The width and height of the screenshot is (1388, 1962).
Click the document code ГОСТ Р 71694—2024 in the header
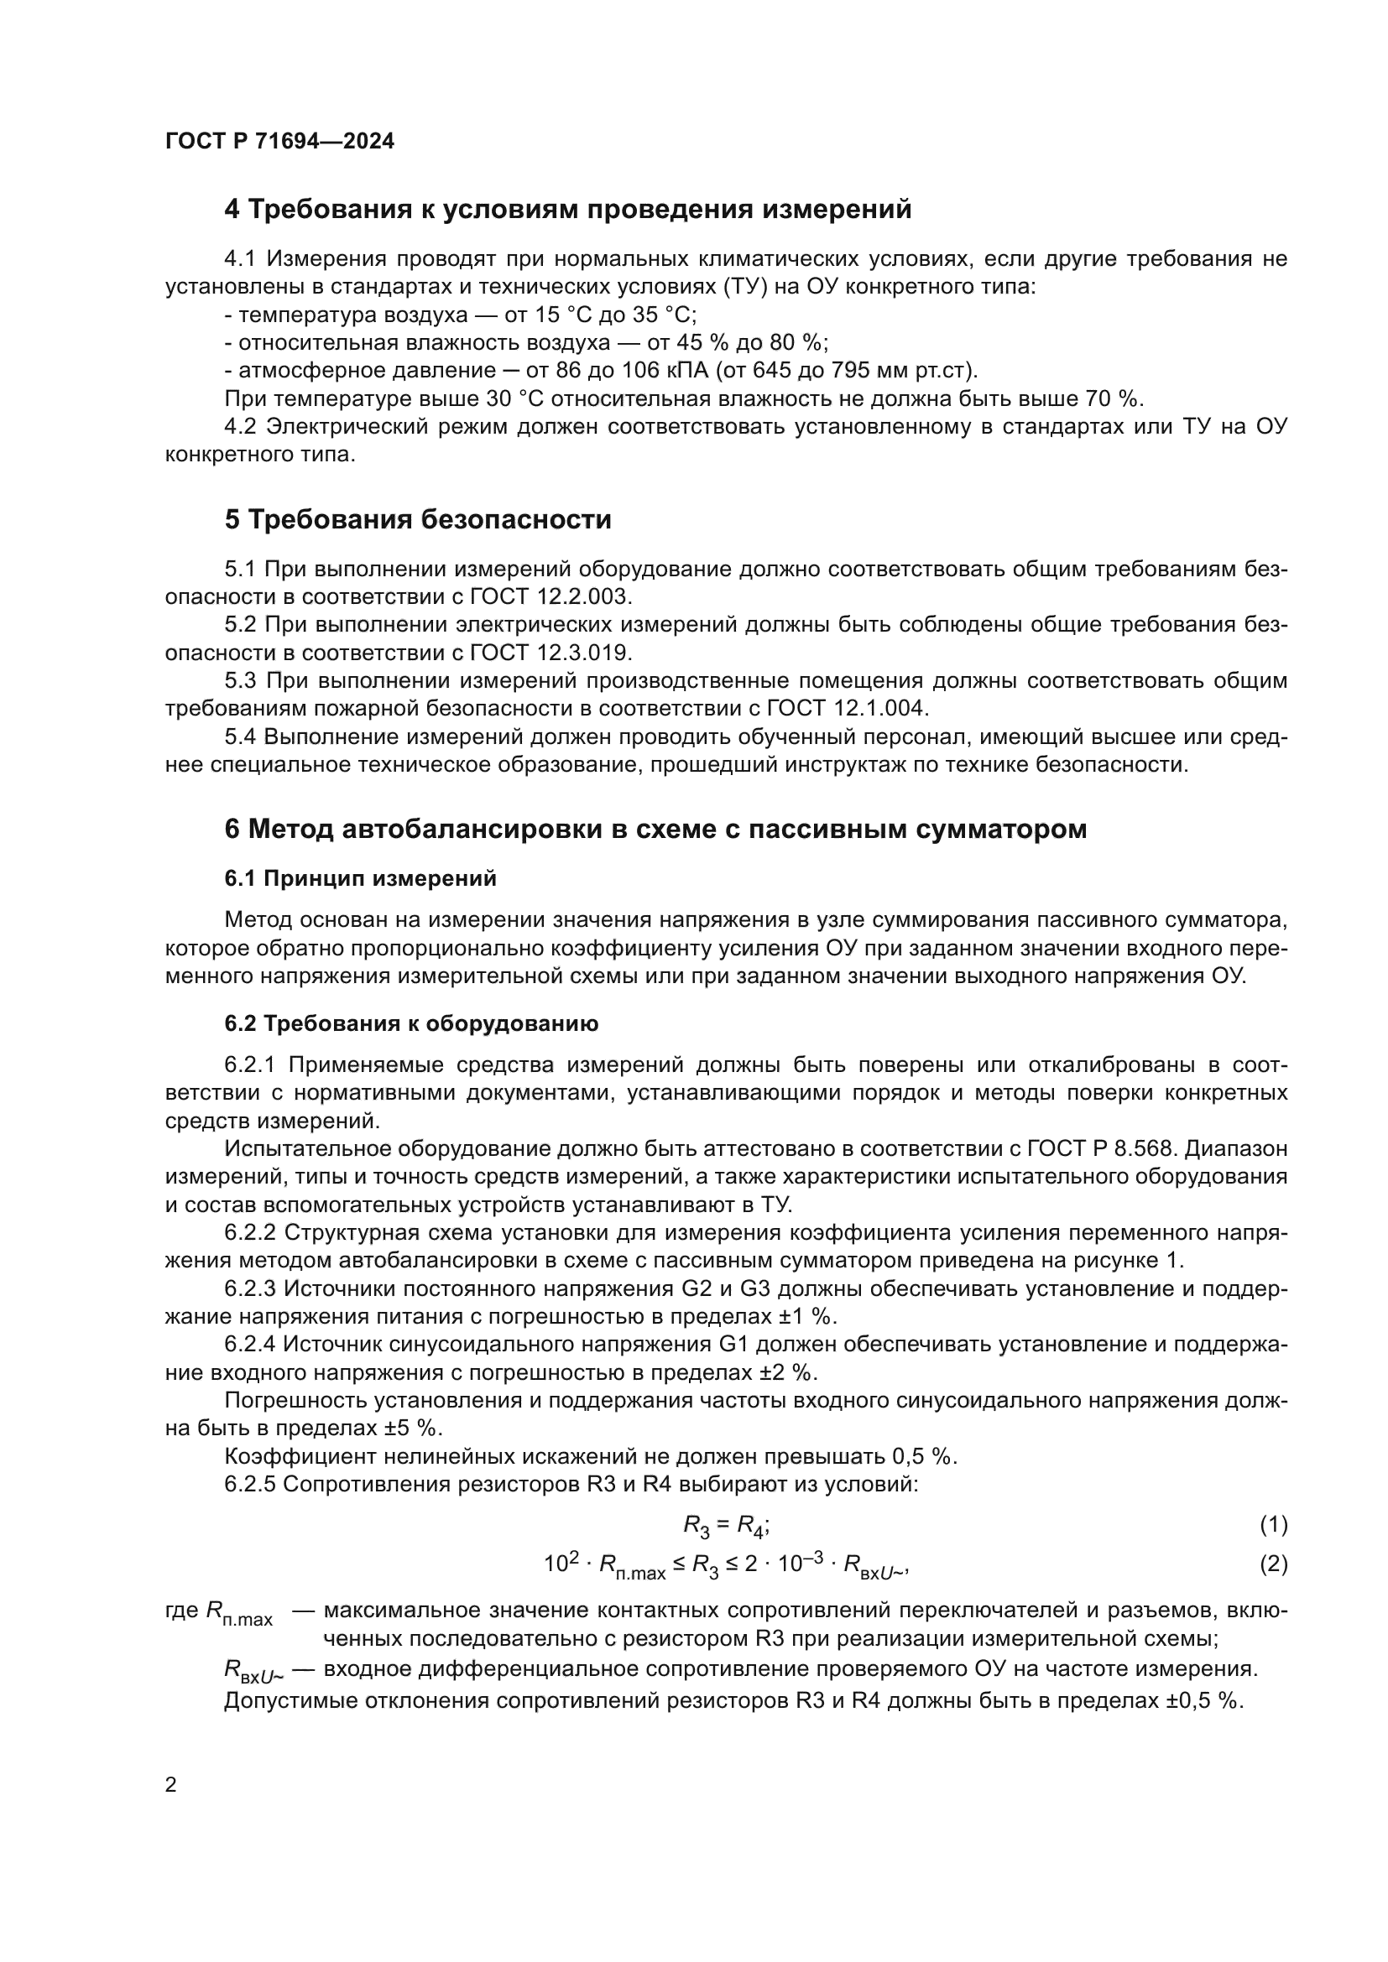tap(279, 142)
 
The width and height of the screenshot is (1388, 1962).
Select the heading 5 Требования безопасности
tap(418, 519)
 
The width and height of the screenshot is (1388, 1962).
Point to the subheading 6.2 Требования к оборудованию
tap(411, 1023)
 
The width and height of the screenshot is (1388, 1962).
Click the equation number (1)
tap(1273, 1524)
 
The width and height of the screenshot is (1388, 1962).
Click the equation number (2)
tap(1273, 1564)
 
